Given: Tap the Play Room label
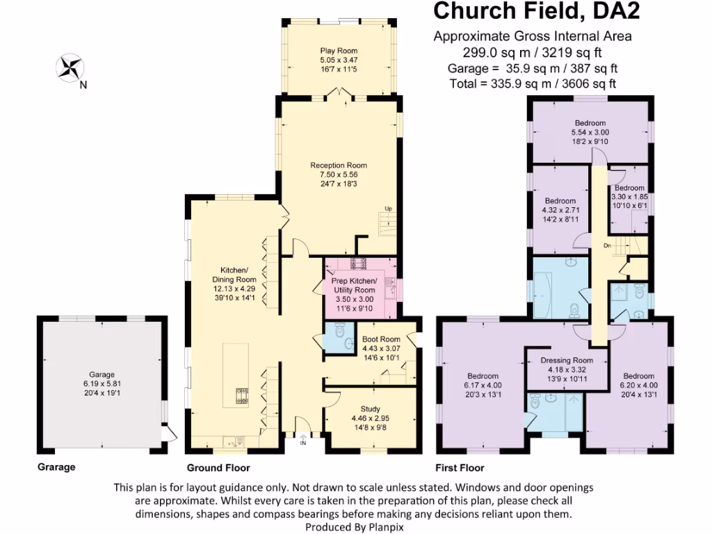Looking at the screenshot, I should tap(339, 51).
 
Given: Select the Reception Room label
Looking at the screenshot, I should tap(339, 165).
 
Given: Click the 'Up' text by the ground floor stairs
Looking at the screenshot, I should tap(389, 209).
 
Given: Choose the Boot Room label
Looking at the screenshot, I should tap(381, 339).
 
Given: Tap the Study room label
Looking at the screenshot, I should tap(370, 409).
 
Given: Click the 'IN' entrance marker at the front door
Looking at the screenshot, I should tap(303, 443).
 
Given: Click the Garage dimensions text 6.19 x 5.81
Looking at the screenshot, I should tap(102, 383).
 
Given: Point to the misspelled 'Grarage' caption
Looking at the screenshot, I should tap(56, 467).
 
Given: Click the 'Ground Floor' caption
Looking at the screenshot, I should tap(218, 468).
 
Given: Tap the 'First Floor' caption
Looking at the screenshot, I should tap(460, 468).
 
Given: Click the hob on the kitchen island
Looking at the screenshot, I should tap(241, 396).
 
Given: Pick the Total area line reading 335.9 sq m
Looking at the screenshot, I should tap(533, 83).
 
